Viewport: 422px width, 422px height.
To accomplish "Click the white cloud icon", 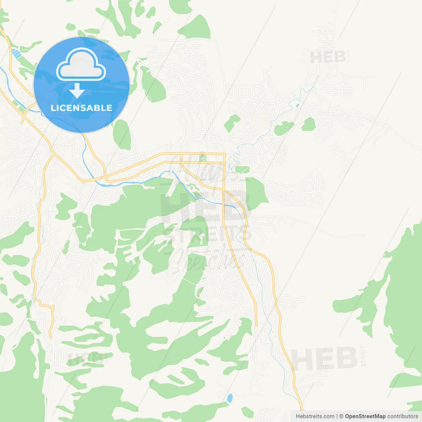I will tap(81, 65).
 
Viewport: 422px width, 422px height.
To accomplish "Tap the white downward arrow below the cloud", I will tap(77, 91).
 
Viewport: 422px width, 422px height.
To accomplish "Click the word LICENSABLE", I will tap(81, 108).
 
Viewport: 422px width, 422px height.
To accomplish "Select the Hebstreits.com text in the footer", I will tap(315, 416).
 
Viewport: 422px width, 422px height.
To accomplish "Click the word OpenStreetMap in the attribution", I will tap(365, 416).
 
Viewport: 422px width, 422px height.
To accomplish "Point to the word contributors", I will tap(403, 416).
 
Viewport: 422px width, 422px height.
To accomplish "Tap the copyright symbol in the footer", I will tap(342, 416).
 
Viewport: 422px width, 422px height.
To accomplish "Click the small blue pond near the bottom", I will tap(230, 398).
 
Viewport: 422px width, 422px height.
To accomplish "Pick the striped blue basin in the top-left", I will tap(15, 53).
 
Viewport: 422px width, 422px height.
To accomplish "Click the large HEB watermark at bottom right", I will tap(324, 359).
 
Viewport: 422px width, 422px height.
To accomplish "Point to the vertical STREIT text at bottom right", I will tap(363, 356).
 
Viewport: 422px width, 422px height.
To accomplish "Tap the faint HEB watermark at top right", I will tap(328, 57).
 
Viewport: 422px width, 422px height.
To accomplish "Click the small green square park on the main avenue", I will tap(203, 158).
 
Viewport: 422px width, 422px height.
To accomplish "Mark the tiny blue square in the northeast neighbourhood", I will tap(298, 105).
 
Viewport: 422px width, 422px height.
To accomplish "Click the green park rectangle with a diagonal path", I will tap(243, 170).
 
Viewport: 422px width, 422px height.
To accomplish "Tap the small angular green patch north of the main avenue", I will tap(232, 122).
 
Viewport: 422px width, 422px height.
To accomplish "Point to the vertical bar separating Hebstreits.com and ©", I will tap(337, 416).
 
